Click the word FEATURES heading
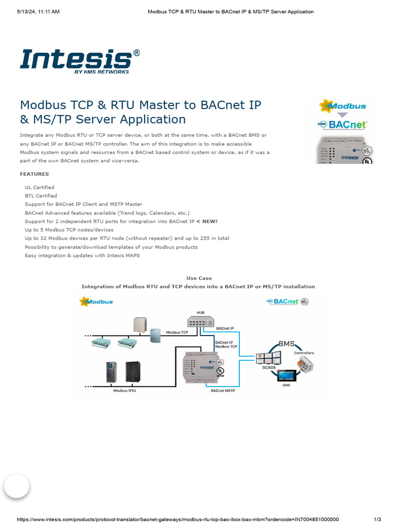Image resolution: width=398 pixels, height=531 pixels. tap(34, 174)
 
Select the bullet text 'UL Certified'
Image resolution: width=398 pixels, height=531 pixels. tap(39, 187)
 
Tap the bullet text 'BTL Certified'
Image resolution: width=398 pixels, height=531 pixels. tap(41, 196)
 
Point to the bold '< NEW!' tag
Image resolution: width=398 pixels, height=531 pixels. tap(207, 221)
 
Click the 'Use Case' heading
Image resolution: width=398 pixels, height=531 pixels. tap(199, 278)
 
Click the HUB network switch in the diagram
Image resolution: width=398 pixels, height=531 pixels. tap(200, 322)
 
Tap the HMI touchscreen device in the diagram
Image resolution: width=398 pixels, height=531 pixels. tap(286, 376)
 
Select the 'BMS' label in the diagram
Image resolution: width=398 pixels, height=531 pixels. tap(287, 343)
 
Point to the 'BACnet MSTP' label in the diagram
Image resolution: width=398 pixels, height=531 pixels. tap(223, 391)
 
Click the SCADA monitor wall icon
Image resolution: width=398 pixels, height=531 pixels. tap(268, 357)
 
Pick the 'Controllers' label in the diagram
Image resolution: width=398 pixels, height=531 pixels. tap(304, 353)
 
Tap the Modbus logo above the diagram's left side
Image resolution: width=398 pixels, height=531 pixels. tap(96, 301)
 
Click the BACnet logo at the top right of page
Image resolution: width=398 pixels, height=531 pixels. tap(342, 124)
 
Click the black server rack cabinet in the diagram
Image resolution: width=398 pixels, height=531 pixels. tap(133, 371)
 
